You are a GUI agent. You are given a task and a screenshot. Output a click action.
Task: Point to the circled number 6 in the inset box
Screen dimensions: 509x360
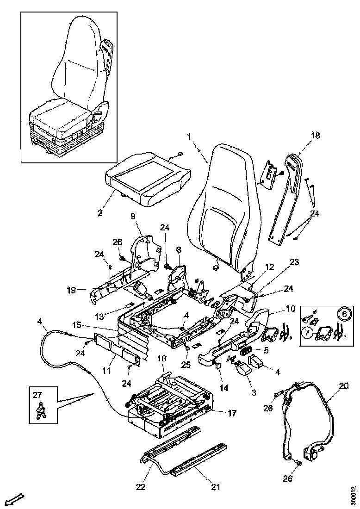[343, 314]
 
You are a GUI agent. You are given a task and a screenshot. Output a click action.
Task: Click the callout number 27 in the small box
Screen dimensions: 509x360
[37, 395]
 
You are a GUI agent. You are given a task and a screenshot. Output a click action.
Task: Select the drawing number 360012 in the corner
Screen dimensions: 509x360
[353, 494]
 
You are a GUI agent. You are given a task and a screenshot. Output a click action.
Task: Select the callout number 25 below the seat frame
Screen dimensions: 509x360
[186, 365]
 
